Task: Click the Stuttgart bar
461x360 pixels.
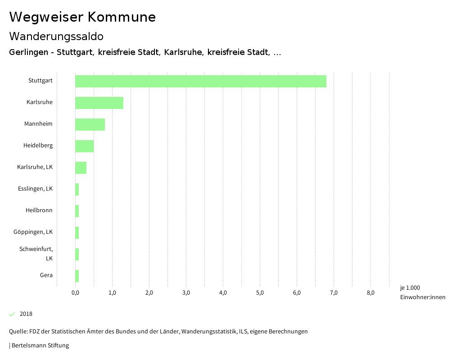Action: [200, 81]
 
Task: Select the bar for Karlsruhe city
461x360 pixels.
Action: [99, 103]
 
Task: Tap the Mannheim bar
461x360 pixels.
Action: [90, 124]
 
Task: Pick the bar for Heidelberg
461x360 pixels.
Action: [84, 146]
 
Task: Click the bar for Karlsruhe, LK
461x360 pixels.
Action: [81, 168]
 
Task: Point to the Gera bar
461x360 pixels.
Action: [77, 276]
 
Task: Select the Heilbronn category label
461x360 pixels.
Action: [39, 210]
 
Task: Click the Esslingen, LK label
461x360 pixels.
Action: [35, 189]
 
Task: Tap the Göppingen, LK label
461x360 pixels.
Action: [33, 232]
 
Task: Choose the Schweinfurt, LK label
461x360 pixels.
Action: [36, 254]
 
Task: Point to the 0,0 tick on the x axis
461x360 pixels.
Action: [75, 293]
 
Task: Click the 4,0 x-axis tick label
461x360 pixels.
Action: [223, 293]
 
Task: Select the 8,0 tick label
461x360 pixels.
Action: [371, 293]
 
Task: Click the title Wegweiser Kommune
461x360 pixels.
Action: [82, 17]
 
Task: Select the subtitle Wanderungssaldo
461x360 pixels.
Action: [56, 36]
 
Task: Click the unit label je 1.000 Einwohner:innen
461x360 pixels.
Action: [422, 292]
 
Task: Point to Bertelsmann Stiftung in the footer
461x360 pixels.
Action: [40, 346]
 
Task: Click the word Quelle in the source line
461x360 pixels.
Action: [18, 332]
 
